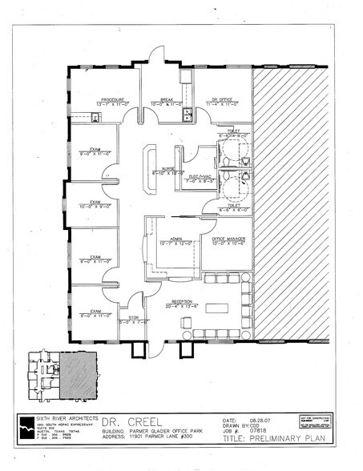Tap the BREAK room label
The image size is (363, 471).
(167, 99)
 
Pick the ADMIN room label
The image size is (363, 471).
(175, 238)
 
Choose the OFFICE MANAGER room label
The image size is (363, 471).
(228, 238)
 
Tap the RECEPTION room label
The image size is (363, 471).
(181, 300)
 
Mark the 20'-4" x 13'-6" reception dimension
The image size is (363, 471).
(181, 305)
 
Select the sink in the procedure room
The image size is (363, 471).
(95, 117)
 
